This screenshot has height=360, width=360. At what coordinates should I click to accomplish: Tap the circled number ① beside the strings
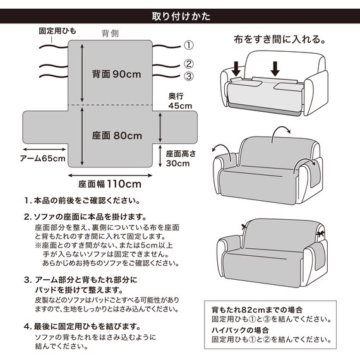188,45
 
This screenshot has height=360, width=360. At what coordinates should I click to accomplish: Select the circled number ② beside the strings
188,64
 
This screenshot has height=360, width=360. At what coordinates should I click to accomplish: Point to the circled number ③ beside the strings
188,76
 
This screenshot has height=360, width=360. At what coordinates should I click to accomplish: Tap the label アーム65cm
42,158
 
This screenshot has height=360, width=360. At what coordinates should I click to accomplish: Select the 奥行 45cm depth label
179,101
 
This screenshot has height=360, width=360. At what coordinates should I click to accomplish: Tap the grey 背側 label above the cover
111,33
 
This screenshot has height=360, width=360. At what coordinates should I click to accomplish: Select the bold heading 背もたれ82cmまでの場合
257,310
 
